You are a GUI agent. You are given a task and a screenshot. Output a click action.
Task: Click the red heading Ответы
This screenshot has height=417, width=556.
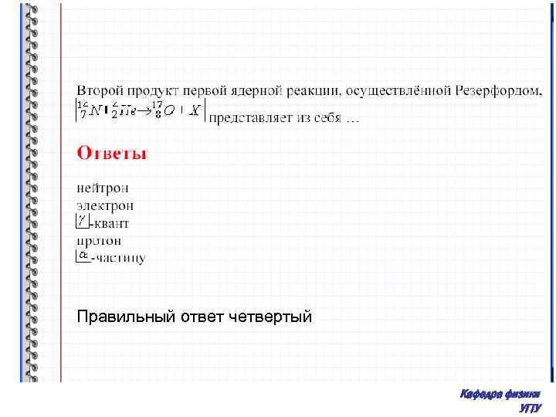tap(111, 153)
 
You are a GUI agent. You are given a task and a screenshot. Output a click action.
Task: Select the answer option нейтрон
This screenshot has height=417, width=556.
tap(103, 188)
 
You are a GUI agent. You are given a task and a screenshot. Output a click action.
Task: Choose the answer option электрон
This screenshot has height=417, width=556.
tap(105, 205)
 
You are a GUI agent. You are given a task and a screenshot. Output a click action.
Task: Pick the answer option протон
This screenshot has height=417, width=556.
tap(100, 241)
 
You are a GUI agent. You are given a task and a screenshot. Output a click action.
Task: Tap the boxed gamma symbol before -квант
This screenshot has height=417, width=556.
tap(83, 222)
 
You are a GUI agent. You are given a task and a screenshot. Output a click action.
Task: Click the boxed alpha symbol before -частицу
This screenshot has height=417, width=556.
tap(83, 256)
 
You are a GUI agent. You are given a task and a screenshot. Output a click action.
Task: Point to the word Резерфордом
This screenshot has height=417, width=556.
tap(497, 91)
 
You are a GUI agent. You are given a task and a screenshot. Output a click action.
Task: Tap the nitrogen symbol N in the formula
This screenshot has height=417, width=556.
tap(93, 113)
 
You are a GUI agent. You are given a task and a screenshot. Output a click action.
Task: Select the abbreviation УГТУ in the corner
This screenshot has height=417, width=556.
tap(531, 408)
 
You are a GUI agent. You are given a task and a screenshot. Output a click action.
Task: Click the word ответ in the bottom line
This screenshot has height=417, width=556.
tap(204, 316)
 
